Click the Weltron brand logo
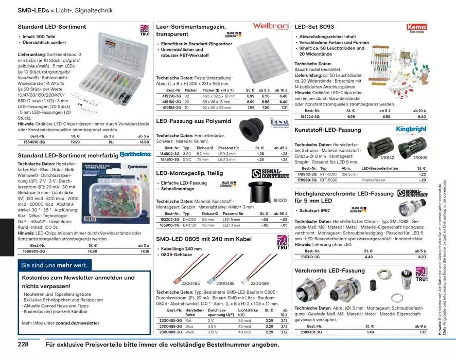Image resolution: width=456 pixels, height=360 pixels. [x=271, y=26]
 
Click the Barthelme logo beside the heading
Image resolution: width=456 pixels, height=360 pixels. [x=134, y=154]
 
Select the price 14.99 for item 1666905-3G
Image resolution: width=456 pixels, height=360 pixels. [x=92, y=251]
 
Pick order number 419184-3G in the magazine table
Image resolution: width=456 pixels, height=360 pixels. [x=168, y=107]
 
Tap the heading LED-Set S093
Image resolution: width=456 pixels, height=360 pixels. [x=314, y=26]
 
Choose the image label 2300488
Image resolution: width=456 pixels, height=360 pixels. [x=225, y=283]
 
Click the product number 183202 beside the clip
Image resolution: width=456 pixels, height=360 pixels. [x=280, y=200]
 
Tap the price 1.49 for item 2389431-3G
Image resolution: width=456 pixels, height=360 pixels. [x=370, y=332]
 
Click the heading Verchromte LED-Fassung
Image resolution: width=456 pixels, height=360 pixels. [x=329, y=271]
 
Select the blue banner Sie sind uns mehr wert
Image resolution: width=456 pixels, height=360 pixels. [x=54, y=265]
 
